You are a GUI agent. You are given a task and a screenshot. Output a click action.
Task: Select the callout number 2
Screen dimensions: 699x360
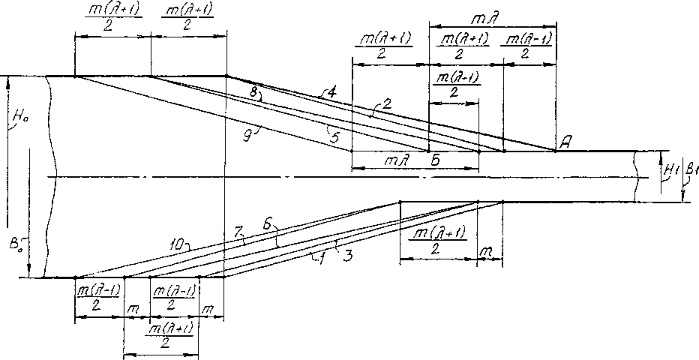386,104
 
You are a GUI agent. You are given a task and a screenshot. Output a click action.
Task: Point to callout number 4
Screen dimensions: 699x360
330,92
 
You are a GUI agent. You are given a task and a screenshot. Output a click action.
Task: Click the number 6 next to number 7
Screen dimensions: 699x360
268,224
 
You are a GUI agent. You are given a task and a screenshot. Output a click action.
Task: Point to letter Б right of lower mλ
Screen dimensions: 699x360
435,160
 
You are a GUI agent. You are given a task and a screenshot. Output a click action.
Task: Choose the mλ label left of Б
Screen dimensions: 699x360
393,160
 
